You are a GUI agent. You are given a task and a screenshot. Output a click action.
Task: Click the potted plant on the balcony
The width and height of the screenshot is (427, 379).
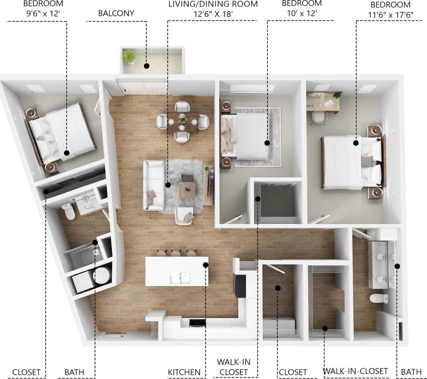click(x=129, y=57)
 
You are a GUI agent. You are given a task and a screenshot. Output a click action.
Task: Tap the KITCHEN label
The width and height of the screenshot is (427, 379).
click(x=184, y=372)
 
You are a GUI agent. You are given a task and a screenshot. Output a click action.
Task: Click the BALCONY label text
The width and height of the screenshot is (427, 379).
click(x=116, y=14)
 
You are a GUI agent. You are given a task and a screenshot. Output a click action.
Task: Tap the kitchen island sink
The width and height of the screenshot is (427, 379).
click(x=180, y=277)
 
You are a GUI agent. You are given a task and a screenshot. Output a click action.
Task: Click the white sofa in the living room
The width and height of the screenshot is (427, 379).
click(x=153, y=185)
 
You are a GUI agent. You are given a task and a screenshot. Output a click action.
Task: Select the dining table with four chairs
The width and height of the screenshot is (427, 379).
click(x=183, y=122)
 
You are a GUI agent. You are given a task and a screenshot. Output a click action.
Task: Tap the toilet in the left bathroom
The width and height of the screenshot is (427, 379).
click(x=68, y=211)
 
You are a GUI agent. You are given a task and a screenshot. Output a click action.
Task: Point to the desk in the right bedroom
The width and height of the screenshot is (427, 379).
click(x=323, y=102)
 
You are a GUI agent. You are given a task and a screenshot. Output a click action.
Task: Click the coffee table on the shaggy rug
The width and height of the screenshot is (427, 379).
click(x=187, y=190)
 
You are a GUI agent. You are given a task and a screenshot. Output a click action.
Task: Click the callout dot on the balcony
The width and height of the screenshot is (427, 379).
click(x=147, y=66)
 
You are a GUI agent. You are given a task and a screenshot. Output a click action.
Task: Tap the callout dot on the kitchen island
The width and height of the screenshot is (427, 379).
click(x=205, y=264)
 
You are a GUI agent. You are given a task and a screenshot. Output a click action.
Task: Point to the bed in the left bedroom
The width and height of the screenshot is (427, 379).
click(x=61, y=134)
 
